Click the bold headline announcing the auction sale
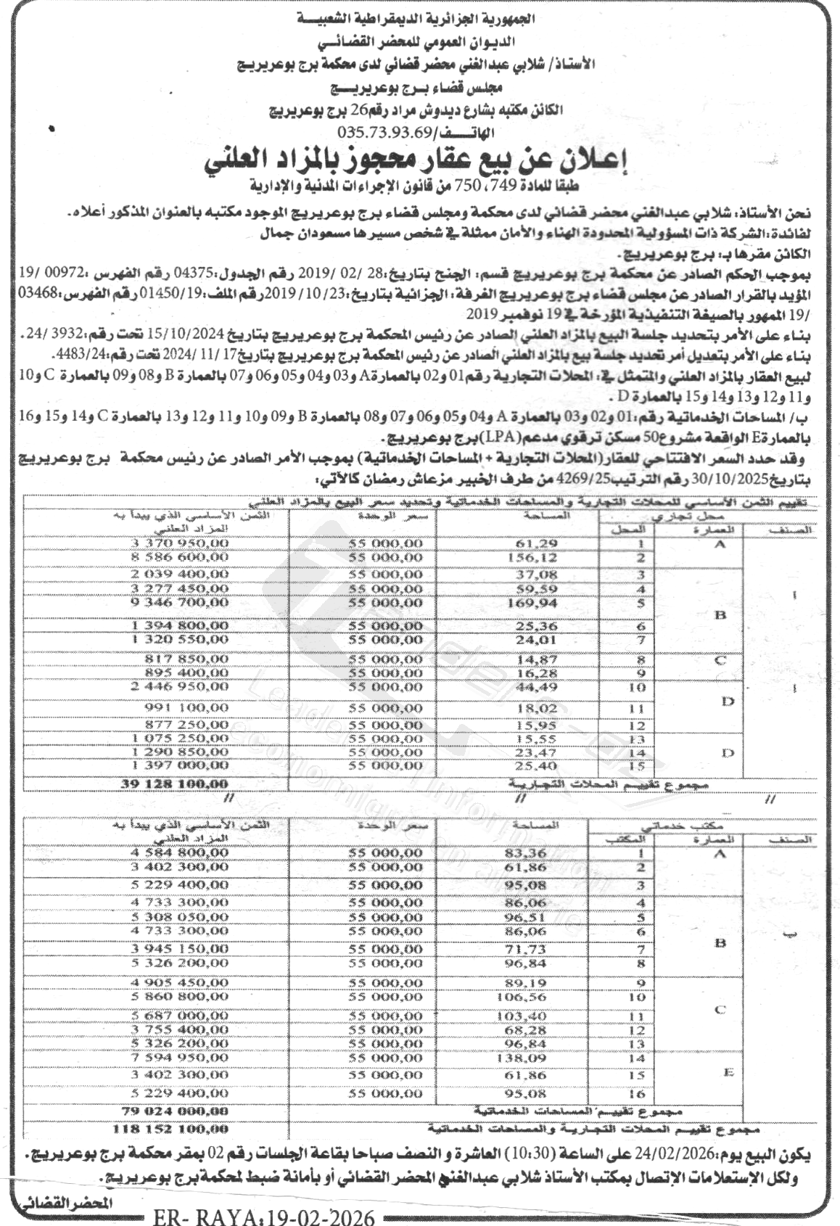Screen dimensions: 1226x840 pos(419,161)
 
